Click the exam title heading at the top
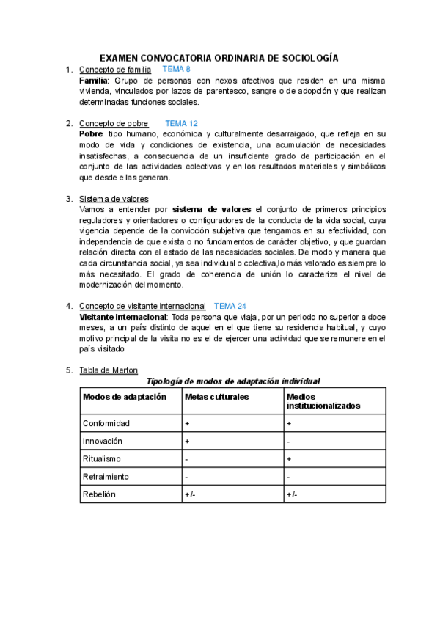point(219,57)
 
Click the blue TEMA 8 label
point(176,69)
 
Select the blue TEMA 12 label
point(181,124)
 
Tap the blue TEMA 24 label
point(230,305)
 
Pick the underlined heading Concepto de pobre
point(114,124)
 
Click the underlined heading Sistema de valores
point(114,198)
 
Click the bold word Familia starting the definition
point(92,80)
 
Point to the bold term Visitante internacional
point(122,316)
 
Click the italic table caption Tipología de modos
point(233,381)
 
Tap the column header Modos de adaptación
point(125,397)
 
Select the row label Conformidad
point(106,423)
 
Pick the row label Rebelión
point(100,494)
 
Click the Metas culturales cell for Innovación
point(187,441)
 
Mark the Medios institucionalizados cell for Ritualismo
point(288,458)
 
